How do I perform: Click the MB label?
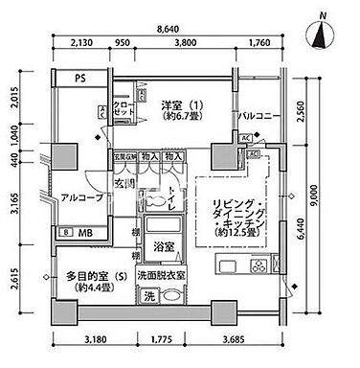pyautogui.click(x=84, y=232)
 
